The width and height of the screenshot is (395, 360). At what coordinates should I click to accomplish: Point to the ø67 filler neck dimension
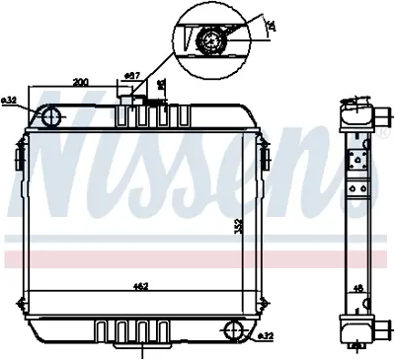tap(129, 75)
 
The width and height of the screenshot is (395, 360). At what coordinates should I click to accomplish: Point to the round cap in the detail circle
tap(208, 41)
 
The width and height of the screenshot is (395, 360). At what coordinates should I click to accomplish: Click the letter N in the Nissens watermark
tap(59, 168)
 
